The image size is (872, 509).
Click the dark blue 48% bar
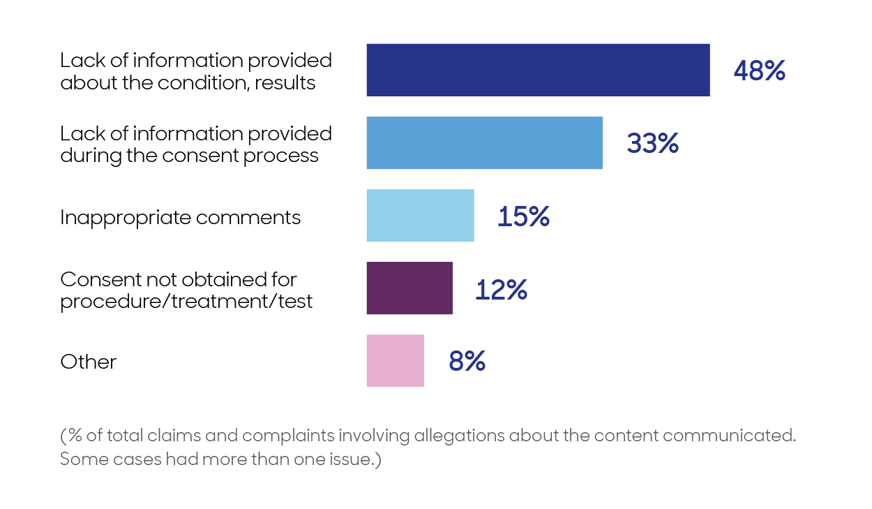tap(538, 70)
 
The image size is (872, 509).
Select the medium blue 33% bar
tap(484, 143)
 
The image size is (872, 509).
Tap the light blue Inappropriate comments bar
tap(420, 216)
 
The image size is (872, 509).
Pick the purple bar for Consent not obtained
tap(409, 288)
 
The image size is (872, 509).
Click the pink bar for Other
tap(395, 361)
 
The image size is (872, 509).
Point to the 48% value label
tap(759, 71)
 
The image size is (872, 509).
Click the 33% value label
tap(652, 143)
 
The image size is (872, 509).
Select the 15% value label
tap(523, 216)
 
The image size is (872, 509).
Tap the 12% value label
tap(501, 289)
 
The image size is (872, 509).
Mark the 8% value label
tap(467, 362)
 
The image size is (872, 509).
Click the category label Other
tap(88, 362)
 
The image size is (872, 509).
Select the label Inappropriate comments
tap(180, 217)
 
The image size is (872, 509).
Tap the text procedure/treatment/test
tap(186, 302)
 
